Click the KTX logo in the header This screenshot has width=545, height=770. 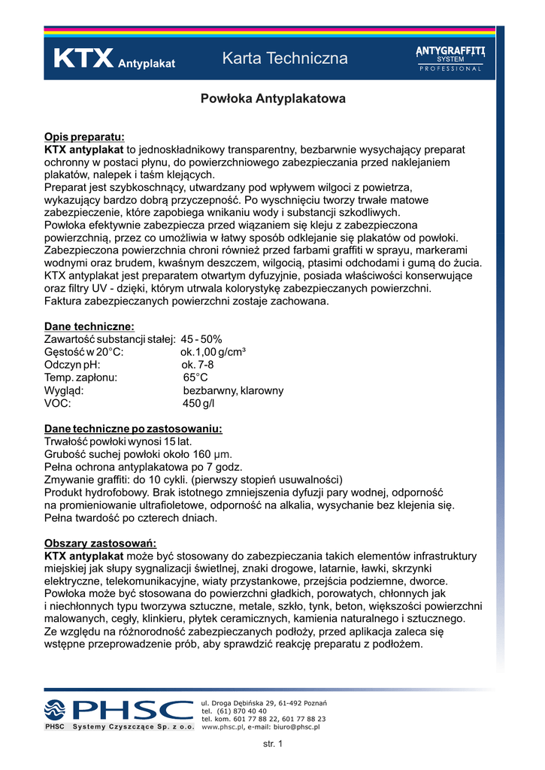(83, 59)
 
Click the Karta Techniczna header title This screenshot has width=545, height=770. (285, 59)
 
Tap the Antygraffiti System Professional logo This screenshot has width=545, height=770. (450, 57)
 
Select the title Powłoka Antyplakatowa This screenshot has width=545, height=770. (272, 99)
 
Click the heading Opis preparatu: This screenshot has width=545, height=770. (84, 136)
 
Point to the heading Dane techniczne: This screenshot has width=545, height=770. (89, 326)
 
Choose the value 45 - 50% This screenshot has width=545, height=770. (201, 339)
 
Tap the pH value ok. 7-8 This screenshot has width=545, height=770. (198, 365)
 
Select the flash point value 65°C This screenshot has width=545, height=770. (195, 377)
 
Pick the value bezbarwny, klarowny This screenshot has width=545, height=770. (233, 390)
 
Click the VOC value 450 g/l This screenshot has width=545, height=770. (198, 403)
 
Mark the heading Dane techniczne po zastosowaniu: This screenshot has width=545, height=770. (133, 429)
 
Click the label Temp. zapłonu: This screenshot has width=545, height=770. (81, 377)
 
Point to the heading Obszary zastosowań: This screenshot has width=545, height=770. (100, 543)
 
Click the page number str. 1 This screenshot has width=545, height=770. (272, 744)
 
